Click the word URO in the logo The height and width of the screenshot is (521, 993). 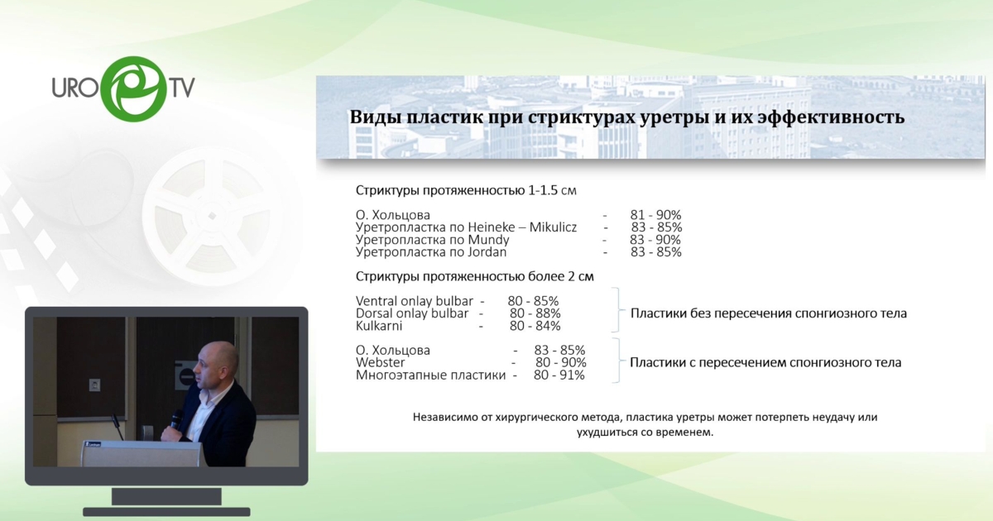[74, 87]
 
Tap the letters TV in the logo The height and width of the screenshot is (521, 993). [180, 87]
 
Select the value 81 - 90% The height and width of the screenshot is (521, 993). [655, 215]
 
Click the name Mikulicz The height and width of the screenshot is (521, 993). [553, 227]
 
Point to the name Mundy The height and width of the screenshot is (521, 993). [488, 240]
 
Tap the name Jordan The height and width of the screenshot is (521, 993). [487, 252]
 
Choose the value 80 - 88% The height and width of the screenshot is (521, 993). [535, 313]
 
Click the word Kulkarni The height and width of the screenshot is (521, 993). [379, 326]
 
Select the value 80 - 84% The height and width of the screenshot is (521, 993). [535, 326]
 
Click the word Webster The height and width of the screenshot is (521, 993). [381, 362]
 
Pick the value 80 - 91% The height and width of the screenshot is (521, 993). [559, 375]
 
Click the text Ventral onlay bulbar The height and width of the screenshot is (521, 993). [414, 301]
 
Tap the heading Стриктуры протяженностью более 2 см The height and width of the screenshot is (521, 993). [475, 276]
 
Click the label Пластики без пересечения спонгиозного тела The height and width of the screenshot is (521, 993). [769, 313]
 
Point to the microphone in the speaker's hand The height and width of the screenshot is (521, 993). [176, 418]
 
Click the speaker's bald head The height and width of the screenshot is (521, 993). [215, 359]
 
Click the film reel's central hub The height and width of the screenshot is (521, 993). [212, 216]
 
